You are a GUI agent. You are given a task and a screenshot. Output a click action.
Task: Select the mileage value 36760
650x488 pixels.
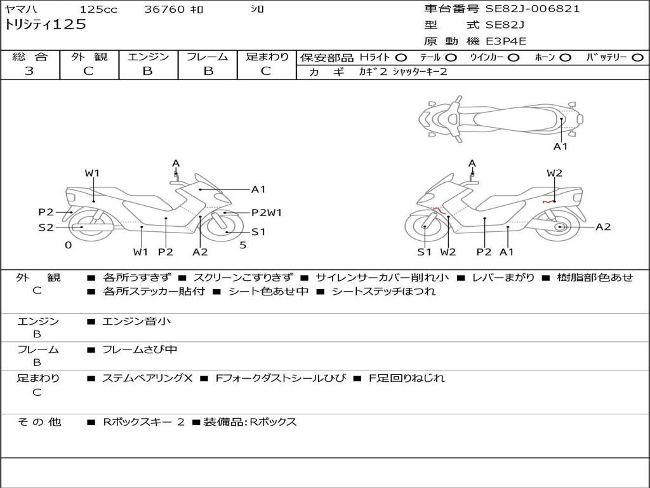(164, 10)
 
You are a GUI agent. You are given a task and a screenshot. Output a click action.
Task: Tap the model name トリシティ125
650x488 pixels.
(45, 25)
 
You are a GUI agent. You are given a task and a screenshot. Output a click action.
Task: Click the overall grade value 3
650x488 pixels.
(29, 71)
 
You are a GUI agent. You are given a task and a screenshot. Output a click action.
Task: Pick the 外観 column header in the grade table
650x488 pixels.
(89, 57)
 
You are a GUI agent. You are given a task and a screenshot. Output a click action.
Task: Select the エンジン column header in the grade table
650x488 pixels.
(148, 57)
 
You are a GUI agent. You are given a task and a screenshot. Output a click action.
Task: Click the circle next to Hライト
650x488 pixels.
(401, 57)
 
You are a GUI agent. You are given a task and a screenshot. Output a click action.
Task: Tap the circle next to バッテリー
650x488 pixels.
(637, 57)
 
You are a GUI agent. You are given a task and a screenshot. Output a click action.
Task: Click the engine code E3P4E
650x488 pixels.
(506, 41)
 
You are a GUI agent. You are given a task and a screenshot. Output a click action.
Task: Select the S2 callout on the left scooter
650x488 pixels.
(46, 227)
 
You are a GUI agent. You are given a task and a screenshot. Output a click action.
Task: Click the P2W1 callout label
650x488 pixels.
(267, 213)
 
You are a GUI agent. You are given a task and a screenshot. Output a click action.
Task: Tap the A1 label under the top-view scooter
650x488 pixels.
(560, 147)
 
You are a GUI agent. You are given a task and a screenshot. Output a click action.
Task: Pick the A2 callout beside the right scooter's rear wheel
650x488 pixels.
(602, 227)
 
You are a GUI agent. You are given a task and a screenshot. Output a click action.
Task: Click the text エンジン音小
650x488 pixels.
(136, 322)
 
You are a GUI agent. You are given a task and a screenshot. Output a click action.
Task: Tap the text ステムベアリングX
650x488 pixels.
(147, 378)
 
